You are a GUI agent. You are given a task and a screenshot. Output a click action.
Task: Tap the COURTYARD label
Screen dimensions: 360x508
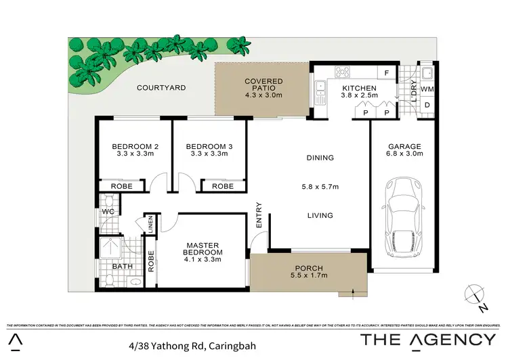coord(161,88)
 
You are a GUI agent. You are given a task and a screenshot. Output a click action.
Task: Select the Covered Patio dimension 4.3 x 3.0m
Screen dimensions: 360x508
coord(263,95)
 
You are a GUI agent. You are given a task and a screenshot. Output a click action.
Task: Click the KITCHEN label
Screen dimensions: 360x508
coord(358,89)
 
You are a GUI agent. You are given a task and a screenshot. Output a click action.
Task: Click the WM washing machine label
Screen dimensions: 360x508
coord(427,89)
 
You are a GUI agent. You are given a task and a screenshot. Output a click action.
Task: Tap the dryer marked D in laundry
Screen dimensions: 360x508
coord(427,105)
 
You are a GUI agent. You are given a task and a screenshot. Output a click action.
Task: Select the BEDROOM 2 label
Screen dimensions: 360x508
coord(135,146)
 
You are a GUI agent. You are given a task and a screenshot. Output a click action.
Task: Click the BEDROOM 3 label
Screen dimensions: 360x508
coord(209,146)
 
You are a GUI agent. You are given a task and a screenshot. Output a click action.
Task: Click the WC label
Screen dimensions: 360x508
coord(106,212)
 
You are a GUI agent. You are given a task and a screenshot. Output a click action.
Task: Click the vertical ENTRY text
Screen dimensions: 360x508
coord(258,215)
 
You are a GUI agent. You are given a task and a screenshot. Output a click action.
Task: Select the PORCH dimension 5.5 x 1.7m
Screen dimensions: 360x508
coord(306,277)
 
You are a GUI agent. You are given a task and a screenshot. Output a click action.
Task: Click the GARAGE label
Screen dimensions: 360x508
coord(405,146)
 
